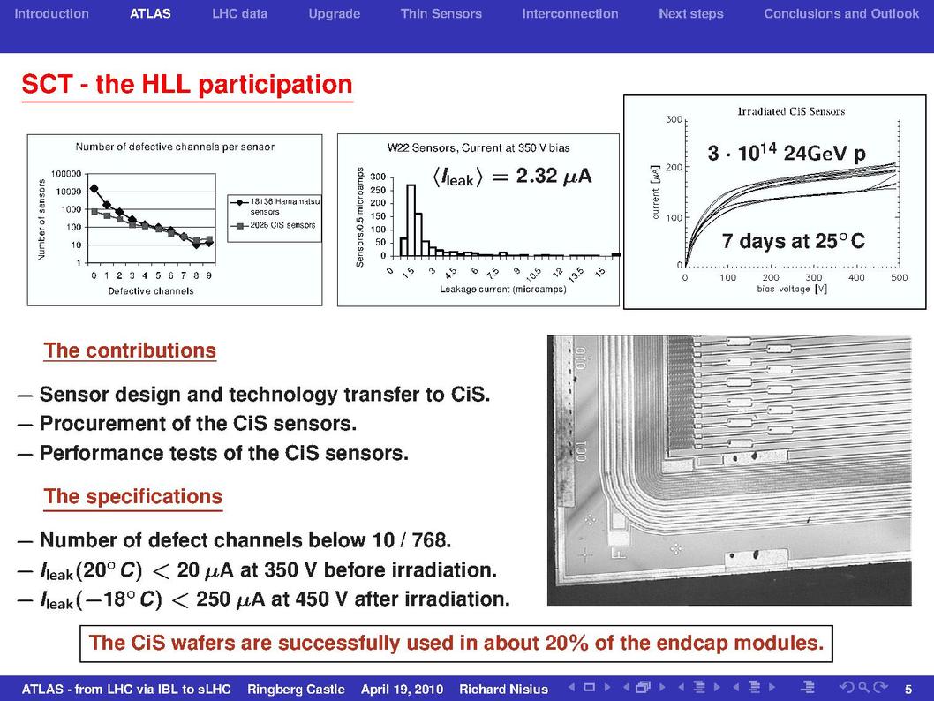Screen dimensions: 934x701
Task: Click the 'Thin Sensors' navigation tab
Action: click(x=441, y=14)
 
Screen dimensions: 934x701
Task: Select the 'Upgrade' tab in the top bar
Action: click(x=335, y=14)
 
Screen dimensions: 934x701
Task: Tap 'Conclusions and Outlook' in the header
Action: click(x=841, y=14)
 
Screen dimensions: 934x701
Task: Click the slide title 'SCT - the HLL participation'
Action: click(x=187, y=84)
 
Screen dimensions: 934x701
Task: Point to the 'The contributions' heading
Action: click(x=130, y=350)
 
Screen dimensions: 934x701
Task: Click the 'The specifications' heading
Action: click(x=132, y=496)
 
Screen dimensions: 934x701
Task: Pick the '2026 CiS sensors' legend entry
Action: click(x=274, y=225)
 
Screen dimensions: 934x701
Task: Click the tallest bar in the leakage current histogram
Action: click(x=411, y=221)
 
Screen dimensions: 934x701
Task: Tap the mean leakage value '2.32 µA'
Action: click(x=554, y=176)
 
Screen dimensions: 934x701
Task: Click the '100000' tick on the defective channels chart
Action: click(x=66, y=174)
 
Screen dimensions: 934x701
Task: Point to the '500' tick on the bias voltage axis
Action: click(x=899, y=277)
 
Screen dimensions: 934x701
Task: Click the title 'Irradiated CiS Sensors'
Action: click(x=791, y=111)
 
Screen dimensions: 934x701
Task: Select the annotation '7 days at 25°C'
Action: click(x=794, y=241)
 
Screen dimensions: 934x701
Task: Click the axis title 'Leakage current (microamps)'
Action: click(x=503, y=290)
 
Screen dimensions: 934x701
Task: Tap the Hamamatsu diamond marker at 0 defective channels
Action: click(x=94, y=189)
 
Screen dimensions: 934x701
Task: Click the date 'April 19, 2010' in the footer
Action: click(x=402, y=690)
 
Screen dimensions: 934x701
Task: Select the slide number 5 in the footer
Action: click(x=908, y=690)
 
